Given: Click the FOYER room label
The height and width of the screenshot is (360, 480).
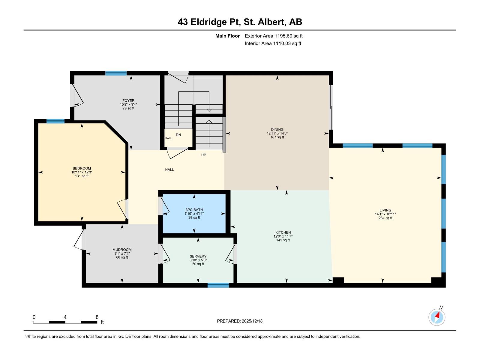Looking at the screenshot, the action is point(128,100).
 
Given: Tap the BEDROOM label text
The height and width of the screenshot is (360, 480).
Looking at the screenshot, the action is point(82,168).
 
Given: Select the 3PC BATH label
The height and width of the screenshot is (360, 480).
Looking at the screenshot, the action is point(194,210).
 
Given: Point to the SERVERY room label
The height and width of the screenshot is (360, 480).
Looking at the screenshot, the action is point(198,256).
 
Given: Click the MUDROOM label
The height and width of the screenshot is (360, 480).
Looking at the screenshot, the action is point(122,250).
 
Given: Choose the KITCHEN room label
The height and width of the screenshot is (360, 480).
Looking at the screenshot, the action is point(283,232).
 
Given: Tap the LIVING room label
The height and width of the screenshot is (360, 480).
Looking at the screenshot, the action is point(385,210).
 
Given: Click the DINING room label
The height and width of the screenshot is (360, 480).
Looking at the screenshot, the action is point(277,129).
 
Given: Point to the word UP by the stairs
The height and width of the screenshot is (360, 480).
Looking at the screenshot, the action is point(204,155).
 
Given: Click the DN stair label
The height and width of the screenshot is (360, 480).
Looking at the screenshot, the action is point(178,135).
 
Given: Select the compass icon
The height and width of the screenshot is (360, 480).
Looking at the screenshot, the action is point(437,317).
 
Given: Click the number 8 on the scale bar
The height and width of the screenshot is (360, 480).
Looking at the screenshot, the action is point(97,317).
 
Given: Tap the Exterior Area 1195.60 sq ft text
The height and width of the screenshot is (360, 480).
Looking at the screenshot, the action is point(274,36).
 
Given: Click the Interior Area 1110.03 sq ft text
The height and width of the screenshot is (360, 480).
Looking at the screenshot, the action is point(273,43).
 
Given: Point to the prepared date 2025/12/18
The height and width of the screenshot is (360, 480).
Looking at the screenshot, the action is point(252,321).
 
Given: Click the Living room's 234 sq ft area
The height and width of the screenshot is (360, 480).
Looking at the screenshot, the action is point(385,218).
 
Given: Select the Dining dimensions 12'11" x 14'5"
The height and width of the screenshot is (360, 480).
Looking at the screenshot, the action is point(277,133).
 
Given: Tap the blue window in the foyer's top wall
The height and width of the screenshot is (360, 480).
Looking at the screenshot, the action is point(116,73).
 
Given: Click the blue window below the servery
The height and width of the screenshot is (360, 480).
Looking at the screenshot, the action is point(218,285).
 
